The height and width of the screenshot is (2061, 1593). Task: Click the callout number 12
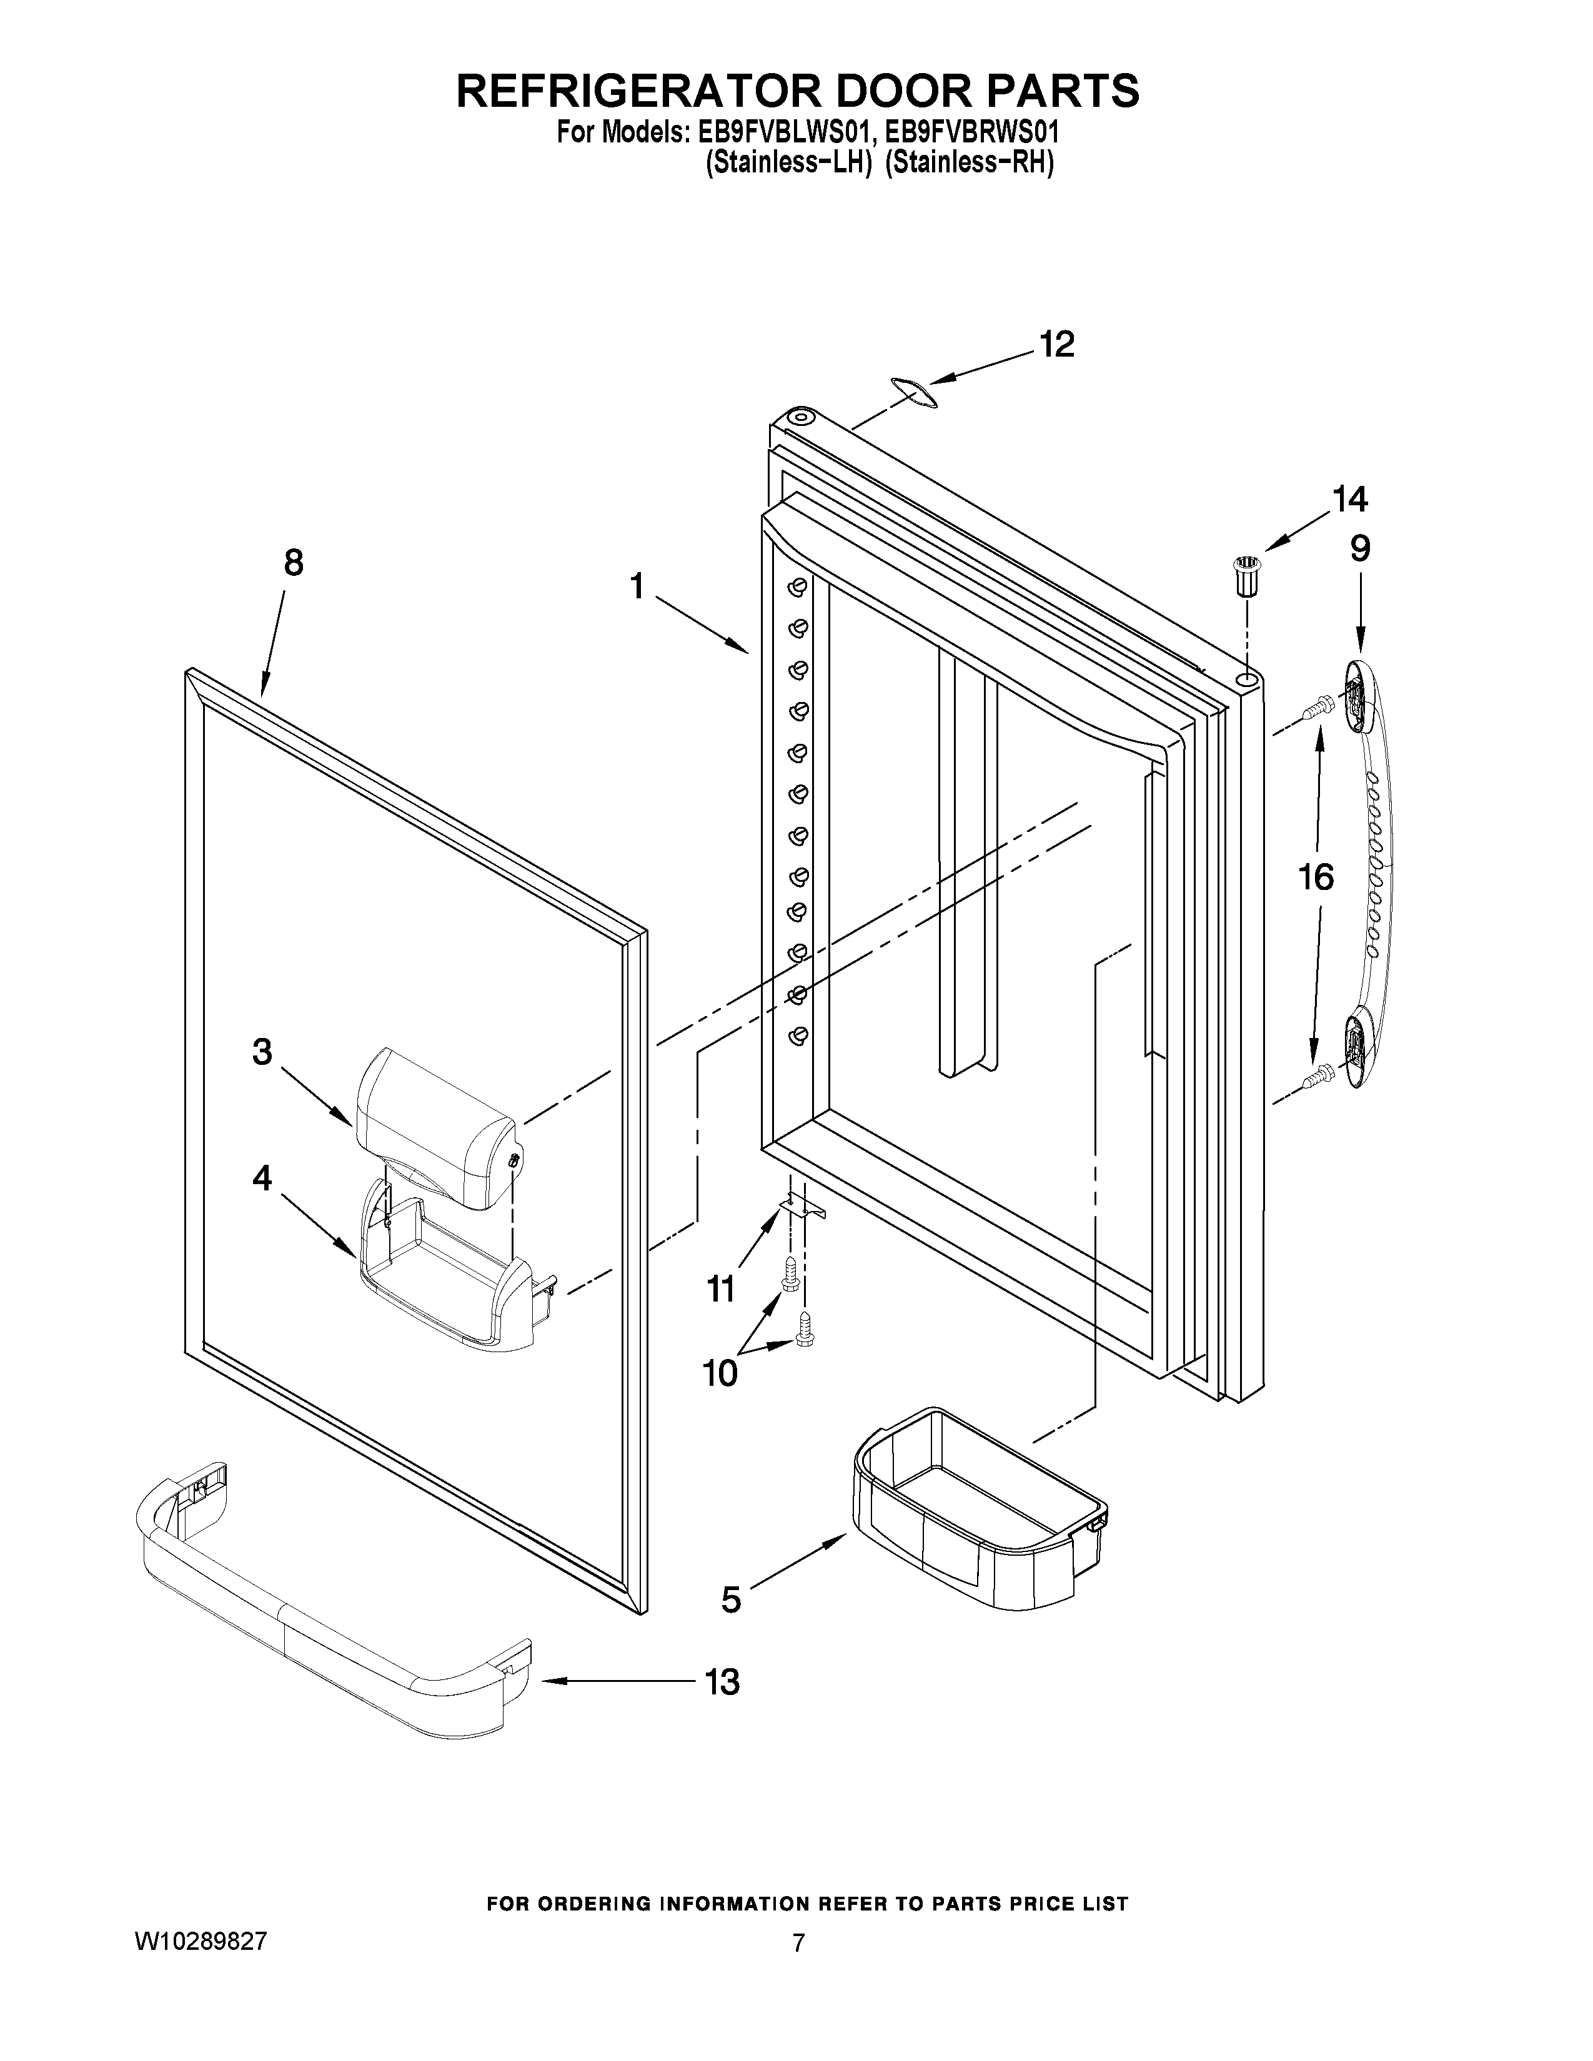tap(1057, 345)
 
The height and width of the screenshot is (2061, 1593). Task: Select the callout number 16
tap(1316, 877)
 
